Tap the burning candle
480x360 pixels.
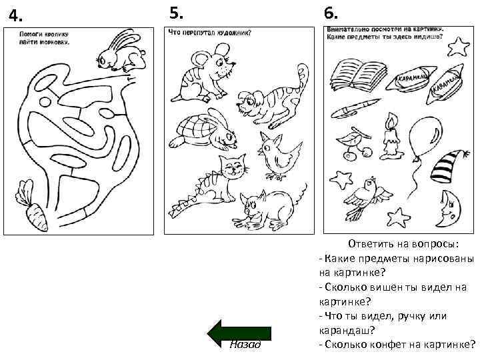[390, 136]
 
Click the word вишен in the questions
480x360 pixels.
[404, 287]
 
